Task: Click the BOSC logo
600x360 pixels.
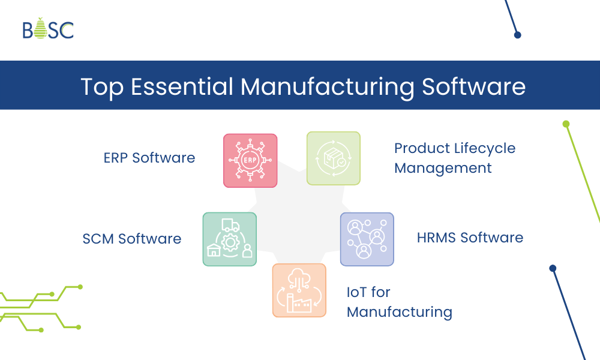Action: [x=48, y=29]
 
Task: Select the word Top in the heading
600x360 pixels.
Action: [x=102, y=86]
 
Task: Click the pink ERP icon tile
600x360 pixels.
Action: [x=250, y=160]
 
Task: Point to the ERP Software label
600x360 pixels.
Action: [x=149, y=158]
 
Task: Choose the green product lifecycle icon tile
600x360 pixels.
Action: [x=333, y=158]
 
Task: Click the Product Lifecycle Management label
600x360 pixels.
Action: [x=454, y=158]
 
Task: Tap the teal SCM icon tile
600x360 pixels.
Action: [x=229, y=239]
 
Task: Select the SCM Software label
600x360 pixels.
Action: [x=132, y=239]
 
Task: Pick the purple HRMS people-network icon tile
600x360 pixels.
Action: [x=367, y=239]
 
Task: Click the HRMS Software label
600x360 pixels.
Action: [x=470, y=238]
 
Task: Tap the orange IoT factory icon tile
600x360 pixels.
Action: [x=299, y=290]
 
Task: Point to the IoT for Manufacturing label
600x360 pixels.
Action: [x=399, y=302]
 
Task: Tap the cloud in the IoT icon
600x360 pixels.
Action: [x=299, y=277]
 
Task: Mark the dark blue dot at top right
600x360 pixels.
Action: [x=517, y=35]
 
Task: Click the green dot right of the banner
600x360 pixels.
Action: [x=566, y=124]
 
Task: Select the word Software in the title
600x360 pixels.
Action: [x=474, y=86]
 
